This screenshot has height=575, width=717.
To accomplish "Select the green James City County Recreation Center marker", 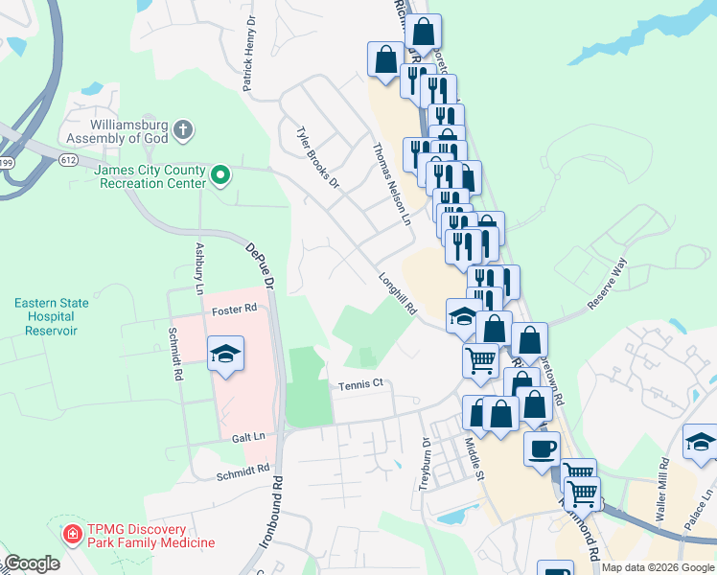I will tap(220, 174).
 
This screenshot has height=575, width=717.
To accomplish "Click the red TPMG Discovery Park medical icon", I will tap(71, 533).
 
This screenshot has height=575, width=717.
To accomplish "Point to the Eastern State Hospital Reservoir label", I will tap(52, 316).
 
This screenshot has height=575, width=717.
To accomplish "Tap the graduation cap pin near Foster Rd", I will tap(226, 354).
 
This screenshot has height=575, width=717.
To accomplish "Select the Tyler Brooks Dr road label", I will tap(317, 156).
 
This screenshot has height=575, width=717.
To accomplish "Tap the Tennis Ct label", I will tap(360, 384).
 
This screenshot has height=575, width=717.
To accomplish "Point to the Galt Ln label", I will tap(246, 436).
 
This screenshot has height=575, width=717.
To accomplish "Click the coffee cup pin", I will tap(542, 448).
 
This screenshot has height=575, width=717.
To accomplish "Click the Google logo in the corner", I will tap(32, 563).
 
